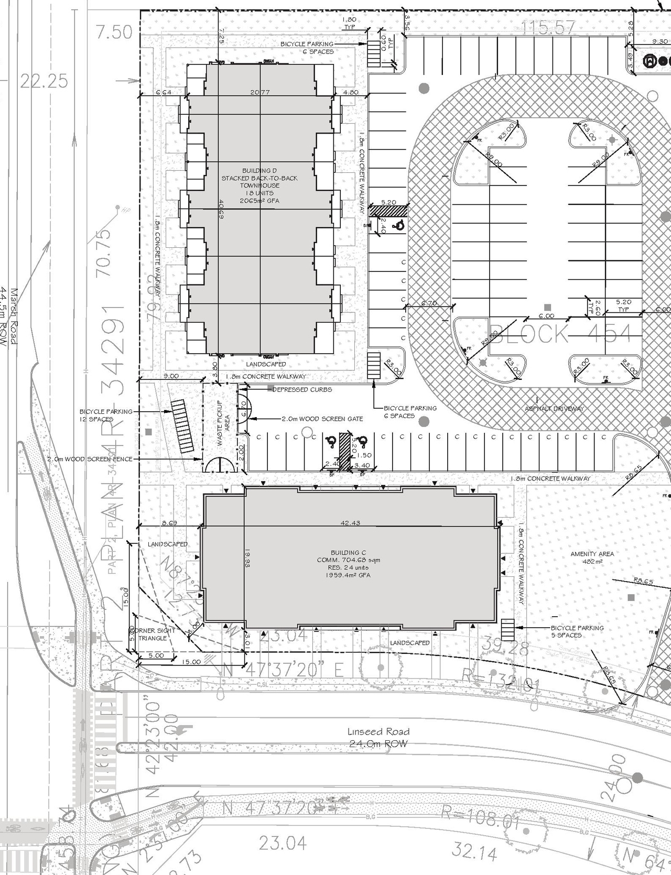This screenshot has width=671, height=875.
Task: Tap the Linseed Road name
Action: point(378,731)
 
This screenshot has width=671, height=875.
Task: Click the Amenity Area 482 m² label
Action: point(592,557)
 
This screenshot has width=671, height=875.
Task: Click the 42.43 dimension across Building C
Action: point(350,523)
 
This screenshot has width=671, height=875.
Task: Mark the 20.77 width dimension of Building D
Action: point(260,92)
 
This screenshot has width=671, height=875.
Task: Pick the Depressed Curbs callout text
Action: point(302,389)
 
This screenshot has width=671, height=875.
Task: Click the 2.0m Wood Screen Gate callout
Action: point(322,419)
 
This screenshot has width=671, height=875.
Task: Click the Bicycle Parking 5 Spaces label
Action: point(577,631)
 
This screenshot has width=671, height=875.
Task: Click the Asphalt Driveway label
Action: point(555,408)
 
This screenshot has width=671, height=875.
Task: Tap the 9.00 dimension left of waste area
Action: point(171,376)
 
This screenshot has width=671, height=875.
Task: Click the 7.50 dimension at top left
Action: point(114,32)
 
